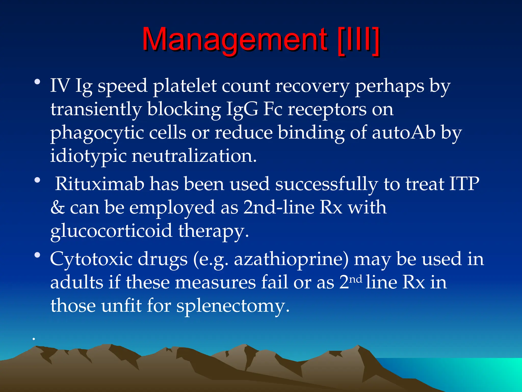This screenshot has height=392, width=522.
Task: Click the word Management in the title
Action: (234, 40)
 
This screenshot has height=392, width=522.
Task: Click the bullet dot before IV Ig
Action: (37, 82)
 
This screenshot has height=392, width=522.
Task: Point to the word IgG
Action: (242, 109)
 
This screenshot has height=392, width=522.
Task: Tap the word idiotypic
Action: (88, 156)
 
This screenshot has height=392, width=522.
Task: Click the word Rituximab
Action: (100, 184)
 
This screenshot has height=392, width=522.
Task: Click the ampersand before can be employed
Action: (57, 207)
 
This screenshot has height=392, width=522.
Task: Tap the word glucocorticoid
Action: (111, 231)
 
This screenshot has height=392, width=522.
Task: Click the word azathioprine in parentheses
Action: (291, 259)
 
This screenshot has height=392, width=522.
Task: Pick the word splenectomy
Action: (233, 306)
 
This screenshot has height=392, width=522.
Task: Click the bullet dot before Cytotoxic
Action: (37, 255)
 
